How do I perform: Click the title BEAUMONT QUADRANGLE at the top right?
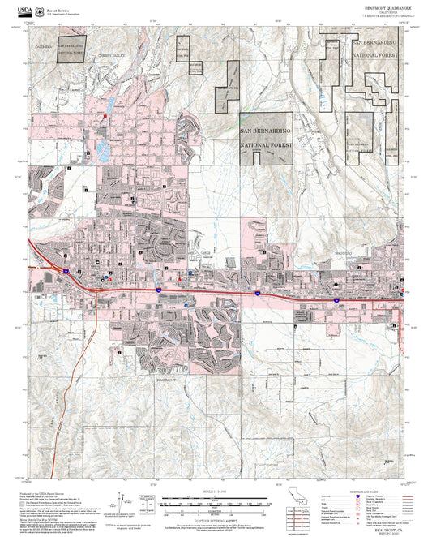point(380,6)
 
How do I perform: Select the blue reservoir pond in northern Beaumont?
point(103,151)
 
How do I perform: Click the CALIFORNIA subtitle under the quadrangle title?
point(380,11)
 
